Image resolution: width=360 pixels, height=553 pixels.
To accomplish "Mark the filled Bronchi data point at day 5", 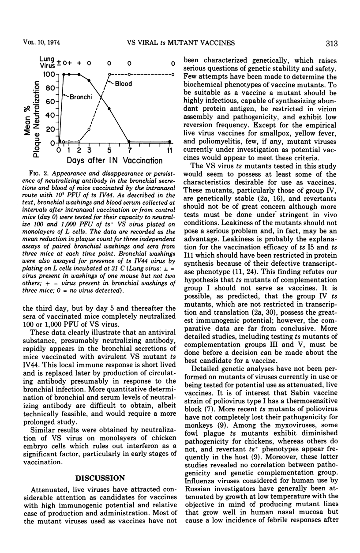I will pyautogui.click(x=109, y=109).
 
